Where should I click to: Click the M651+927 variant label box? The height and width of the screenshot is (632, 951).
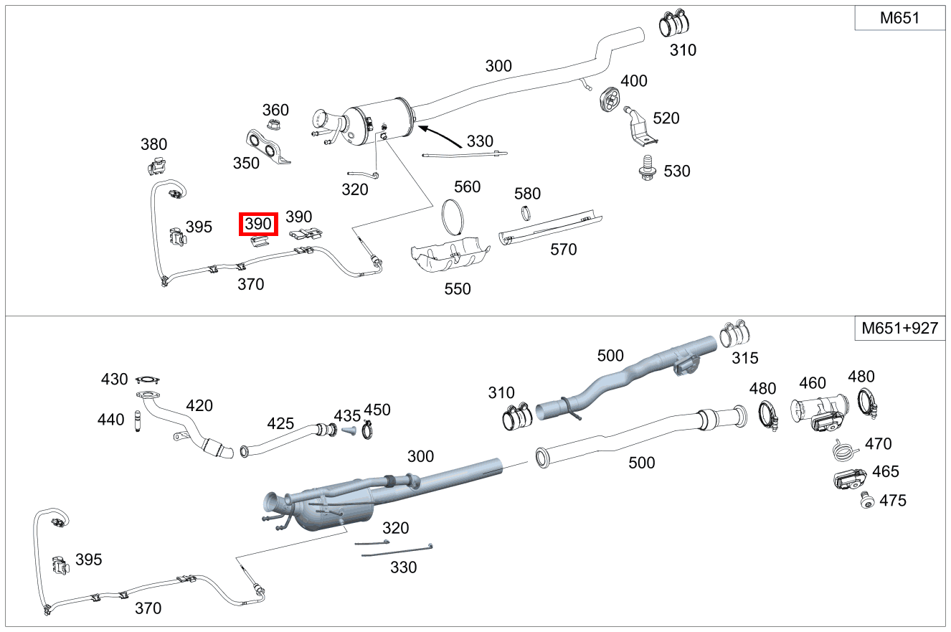(x=900, y=329)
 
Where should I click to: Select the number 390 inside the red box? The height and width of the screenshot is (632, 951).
(x=258, y=224)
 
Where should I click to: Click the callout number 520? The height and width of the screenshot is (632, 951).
(x=666, y=118)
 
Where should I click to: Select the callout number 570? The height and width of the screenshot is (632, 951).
(x=563, y=250)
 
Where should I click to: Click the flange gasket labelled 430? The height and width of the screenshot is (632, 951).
(x=148, y=379)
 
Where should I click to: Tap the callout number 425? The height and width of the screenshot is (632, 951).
(x=280, y=423)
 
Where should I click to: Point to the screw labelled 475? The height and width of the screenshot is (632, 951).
(x=866, y=501)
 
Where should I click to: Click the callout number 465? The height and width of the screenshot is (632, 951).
(x=885, y=472)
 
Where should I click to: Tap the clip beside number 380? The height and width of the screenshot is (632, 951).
(x=156, y=167)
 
